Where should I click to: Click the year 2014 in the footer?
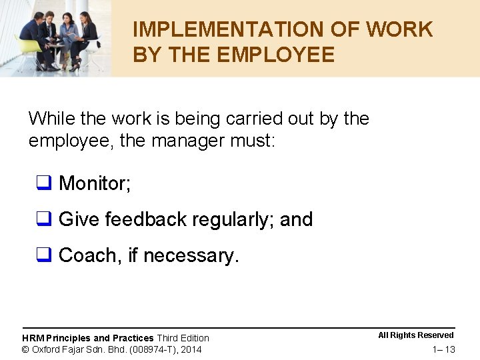[x=191, y=349]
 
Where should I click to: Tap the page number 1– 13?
[x=443, y=350]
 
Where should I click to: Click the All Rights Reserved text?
[x=416, y=335]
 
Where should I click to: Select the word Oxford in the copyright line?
[x=47, y=349]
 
